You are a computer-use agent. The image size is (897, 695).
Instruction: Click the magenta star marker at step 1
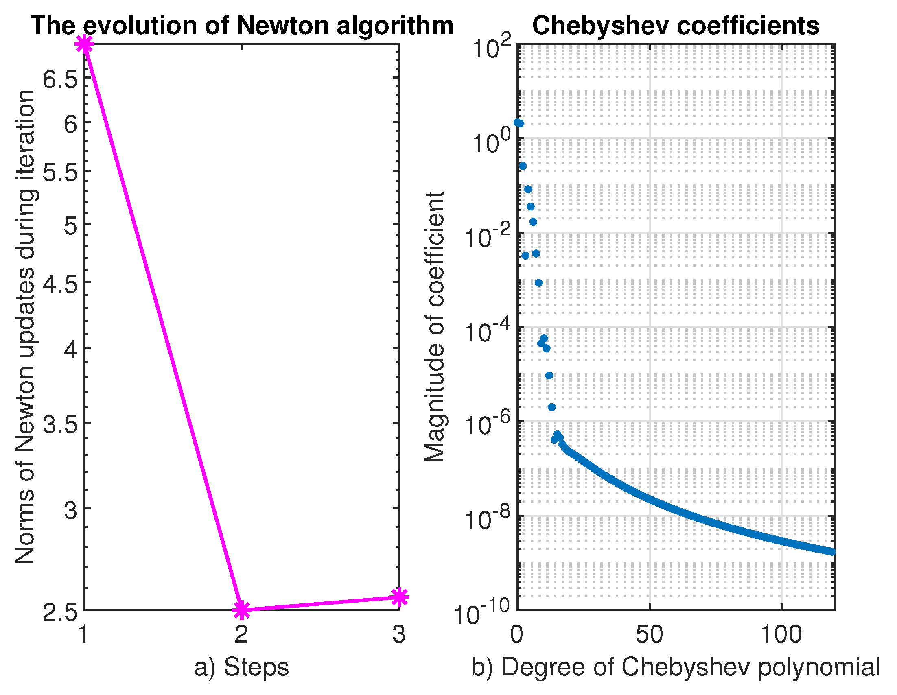[85, 44]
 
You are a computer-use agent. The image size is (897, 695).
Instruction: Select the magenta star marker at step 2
[241, 610]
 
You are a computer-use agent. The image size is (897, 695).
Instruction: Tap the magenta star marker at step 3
[399, 597]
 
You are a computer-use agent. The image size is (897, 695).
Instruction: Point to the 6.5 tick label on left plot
[60, 79]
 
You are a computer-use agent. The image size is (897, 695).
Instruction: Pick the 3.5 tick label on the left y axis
[60, 424]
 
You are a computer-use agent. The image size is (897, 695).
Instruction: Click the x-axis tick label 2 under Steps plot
[241, 634]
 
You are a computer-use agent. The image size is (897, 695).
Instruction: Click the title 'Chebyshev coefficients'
[676, 26]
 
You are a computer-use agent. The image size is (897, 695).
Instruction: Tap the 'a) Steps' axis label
[241, 667]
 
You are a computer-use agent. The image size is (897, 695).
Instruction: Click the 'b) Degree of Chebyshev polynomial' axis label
[675, 667]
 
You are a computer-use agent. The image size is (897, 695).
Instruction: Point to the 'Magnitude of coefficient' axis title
[435, 327]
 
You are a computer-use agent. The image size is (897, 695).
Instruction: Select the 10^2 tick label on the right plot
[491, 47]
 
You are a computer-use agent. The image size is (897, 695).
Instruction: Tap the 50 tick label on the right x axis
[649, 634]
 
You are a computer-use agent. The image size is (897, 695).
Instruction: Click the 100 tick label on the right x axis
[781, 634]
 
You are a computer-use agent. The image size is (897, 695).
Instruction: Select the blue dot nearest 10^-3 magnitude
[538, 283]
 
